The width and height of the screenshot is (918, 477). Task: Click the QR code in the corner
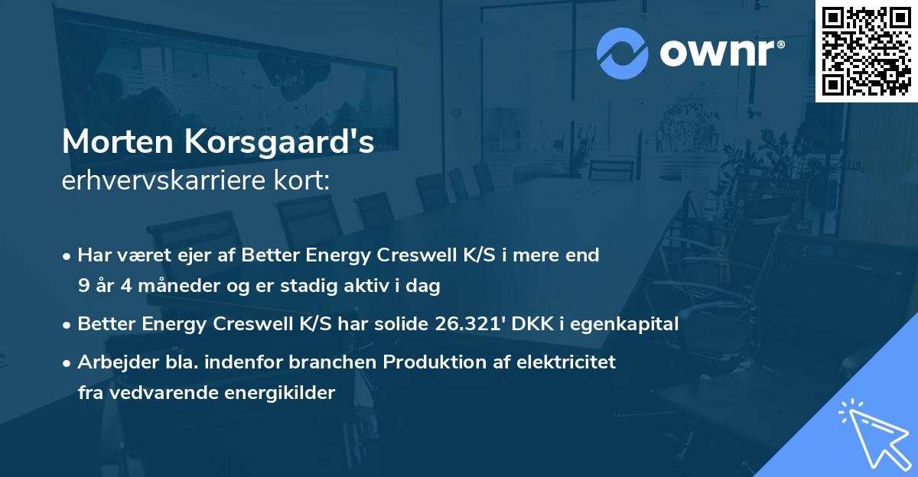tap(866, 50)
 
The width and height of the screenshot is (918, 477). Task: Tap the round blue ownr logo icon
tap(622, 54)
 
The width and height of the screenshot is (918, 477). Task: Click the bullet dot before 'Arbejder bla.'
tap(69, 362)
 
